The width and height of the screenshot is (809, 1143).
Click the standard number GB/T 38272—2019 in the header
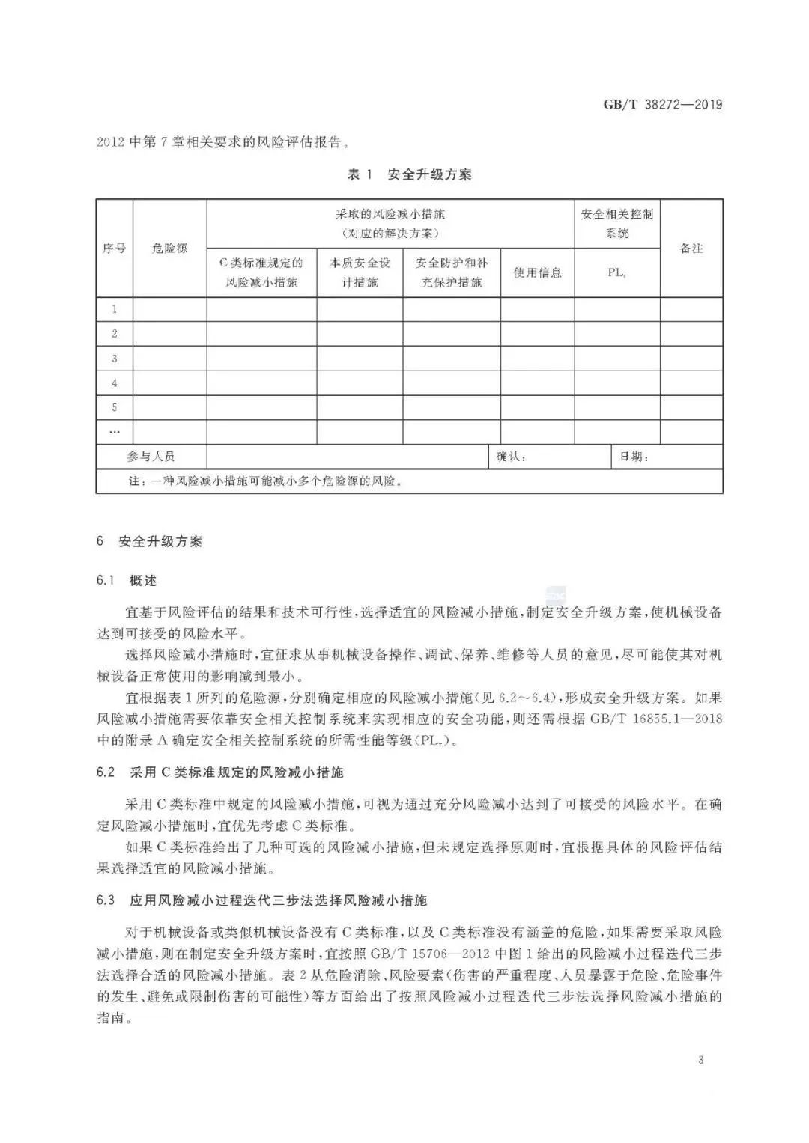pyautogui.click(x=663, y=104)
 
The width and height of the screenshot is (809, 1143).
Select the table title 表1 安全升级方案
pyautogui.click(x=409, y=174)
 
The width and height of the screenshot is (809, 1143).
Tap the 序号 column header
pyautogui.click(x=114, y=248)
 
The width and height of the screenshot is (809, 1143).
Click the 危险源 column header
pyautogui.click(x=169, y=248)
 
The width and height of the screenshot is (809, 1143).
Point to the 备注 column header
pyautogui.click(x=691, y=248)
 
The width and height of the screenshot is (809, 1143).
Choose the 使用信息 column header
pyautogui.click(x=537, y=272)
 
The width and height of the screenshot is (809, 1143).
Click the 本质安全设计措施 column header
pyautogui.click(x=360, y=272)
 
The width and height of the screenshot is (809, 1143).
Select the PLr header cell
pyautogui.click(x=616, y=272)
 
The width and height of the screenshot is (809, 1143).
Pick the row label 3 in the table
pyautogui.click(x=115, y=359)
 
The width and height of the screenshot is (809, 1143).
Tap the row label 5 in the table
pyautogui.click(x=115, y=407)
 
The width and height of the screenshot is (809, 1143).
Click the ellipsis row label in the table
pyautogui.click(x=115, y=432)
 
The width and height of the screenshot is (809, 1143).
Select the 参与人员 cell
pyautogui.click(x=151, y=457)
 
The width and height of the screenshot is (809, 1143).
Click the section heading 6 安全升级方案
pyautogui.click(x=149, y=541)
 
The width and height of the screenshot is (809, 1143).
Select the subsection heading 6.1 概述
pyautogui.click(x=127, y=581)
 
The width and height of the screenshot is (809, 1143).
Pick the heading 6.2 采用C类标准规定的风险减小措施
pyautogui.click(x=219, y=772)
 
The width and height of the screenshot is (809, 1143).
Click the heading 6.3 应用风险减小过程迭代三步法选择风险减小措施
pyautogui.click(x=261, y=900)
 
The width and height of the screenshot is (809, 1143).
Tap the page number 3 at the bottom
pyautogui.click(x=700, y=1059)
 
